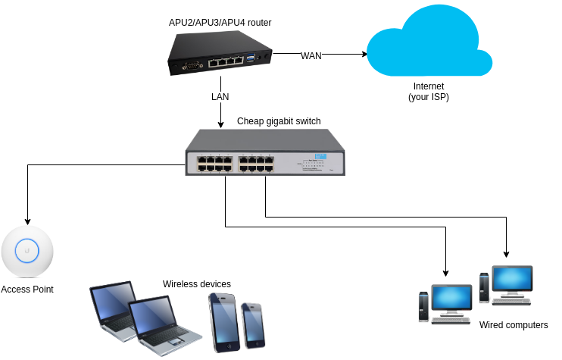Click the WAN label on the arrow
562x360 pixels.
tap(311, 55)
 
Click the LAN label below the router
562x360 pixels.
tap(220, 97)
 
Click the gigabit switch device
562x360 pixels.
tap(265, 152)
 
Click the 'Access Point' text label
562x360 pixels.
tap(27, 290)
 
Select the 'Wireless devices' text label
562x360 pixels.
tap(197, 284)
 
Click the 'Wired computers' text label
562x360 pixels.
tap(513, 325)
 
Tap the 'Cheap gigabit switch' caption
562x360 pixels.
tap(279, 121)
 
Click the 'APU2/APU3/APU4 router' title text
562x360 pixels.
tap(220, 23)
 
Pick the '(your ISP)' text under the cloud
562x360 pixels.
tap(429, 98)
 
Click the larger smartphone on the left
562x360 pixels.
tap(223, 321)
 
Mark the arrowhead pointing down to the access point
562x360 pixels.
tap(27, 221)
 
